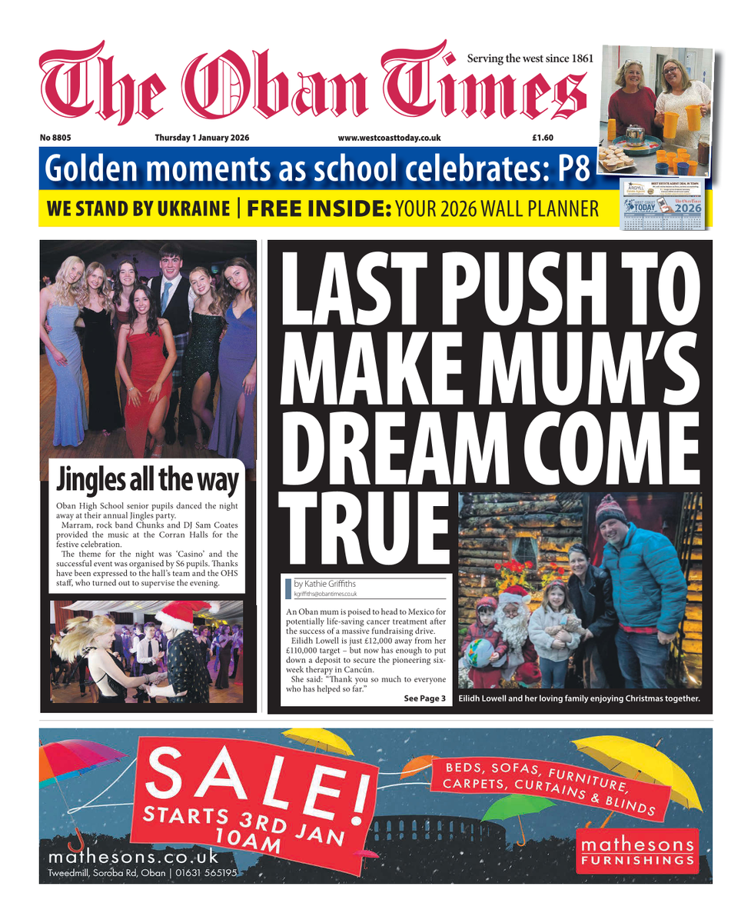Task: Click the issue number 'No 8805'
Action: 55,138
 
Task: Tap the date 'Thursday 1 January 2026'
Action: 202,138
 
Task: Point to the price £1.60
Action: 543,138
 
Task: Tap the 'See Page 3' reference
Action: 424,698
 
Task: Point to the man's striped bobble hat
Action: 611,509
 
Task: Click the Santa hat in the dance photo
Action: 178,616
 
